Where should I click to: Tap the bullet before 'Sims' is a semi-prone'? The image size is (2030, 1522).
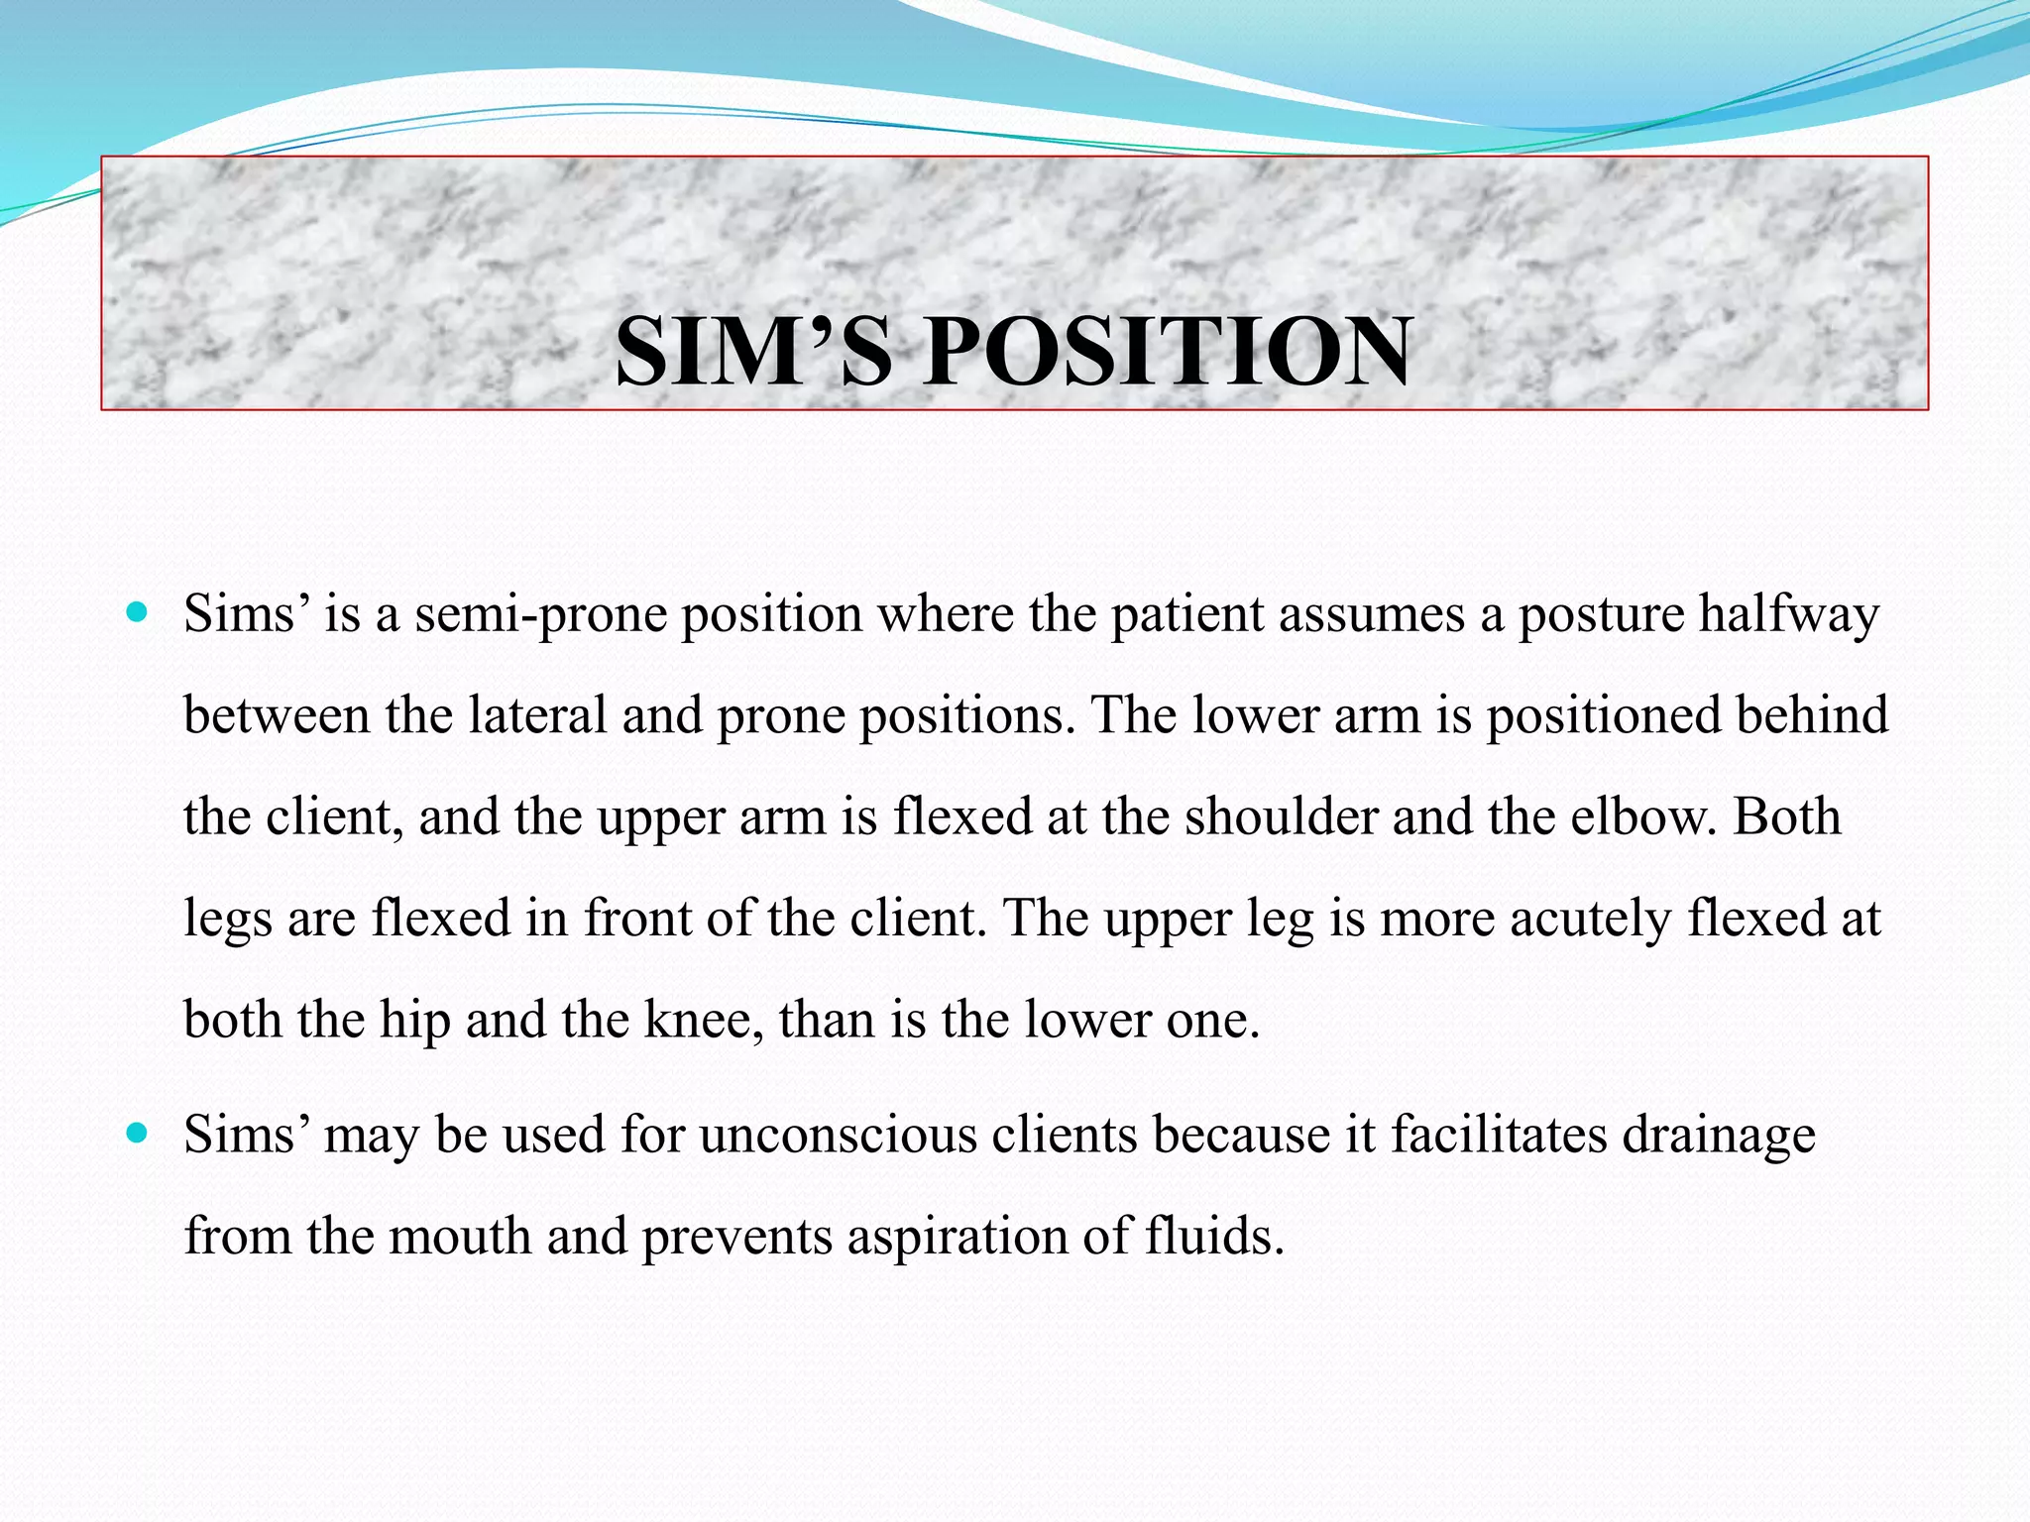click(137, 612)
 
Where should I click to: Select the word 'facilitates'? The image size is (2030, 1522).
click(1498, 1136)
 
